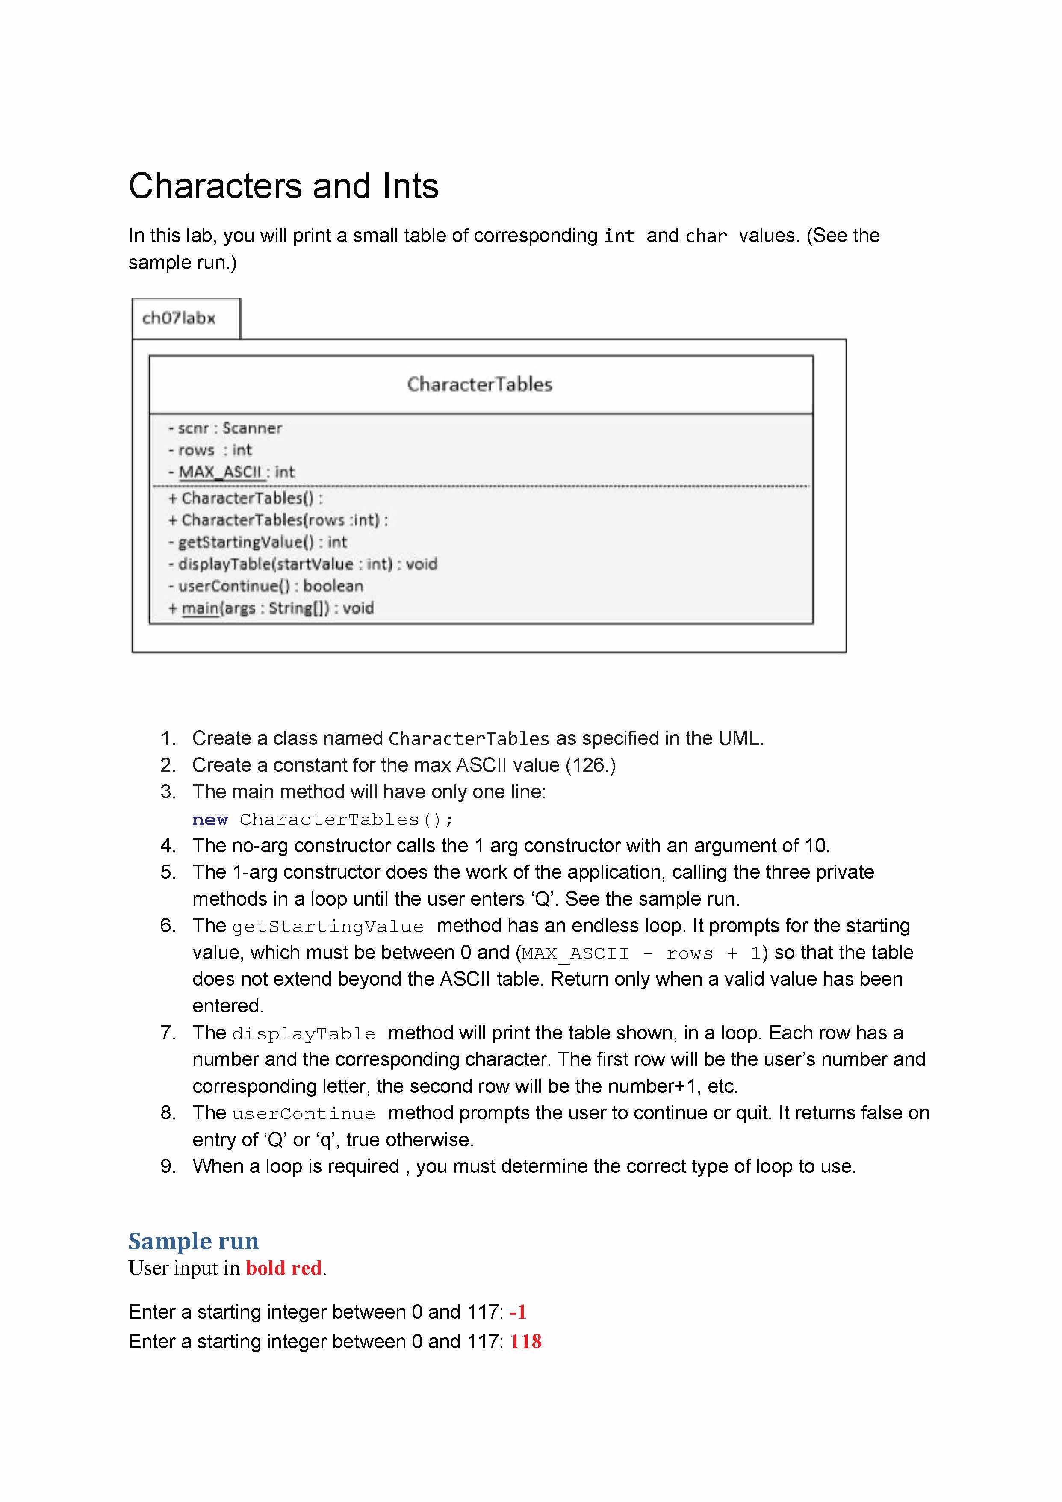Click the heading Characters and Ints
(283, 186)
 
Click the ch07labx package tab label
(179, 318)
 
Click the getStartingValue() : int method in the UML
(257, 542)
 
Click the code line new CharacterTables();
(323, 820)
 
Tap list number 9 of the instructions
(168, 1166)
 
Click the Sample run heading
(194, 1241)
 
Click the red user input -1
(518, 1312)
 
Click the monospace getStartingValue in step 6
(328, 927)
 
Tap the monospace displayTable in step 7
(304, 1033)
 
